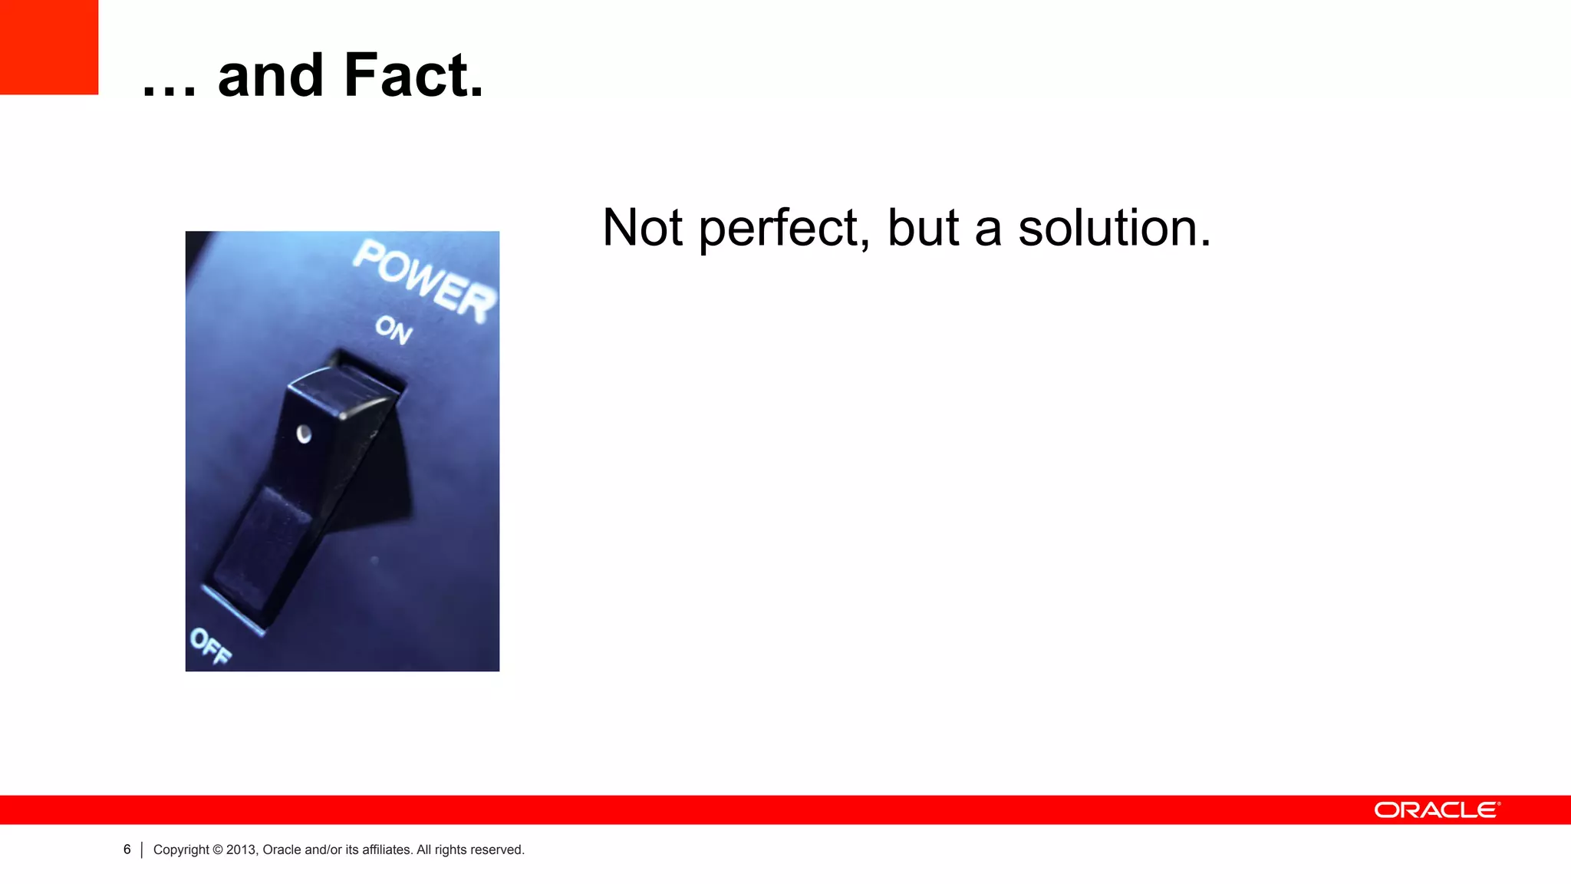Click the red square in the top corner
pyautogui.click(x=49, y=47)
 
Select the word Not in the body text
pyautogui.click(x=642, y=228)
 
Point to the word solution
pyautogui.click(x=1114, y=228)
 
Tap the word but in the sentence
pyautogui.click(x=923, y=228)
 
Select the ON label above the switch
pyautogui.click(x=394, y=330)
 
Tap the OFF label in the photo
pyautogui.click(x=210, y=645)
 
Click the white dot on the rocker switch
pyautogui.click(x=304, y=434)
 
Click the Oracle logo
pyautogui.click(x=1437, y=810)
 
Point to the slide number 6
pyautogui.click(x=127, y=849)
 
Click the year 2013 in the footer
pyautogui.click(x=241, y=849)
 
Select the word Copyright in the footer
pyautogui.click(x=181, y=850)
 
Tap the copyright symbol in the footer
pyautogui.click(x=218, y=849)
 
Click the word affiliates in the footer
pyautogui.click(x=387, y=849)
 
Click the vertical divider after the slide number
pyautogui.click(x=142, y=850)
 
